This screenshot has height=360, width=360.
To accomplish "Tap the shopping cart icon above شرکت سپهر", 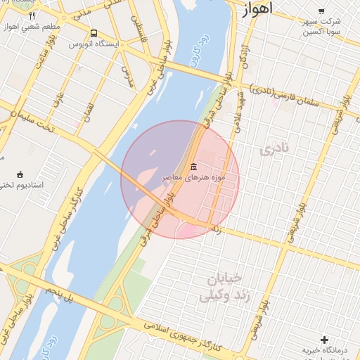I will pyautogui.click(x=321, y=11).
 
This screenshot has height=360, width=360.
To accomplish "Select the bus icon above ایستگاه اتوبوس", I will pyautogui.click(x=94, y=33).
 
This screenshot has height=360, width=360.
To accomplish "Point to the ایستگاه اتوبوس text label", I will pyautogui.click(x=93, y=44).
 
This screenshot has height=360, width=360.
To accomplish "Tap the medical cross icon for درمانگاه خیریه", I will pyautogui.click(x=324, y=340).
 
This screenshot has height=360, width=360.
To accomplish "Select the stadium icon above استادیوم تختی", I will pyautogui.click(x=20, y=174).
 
